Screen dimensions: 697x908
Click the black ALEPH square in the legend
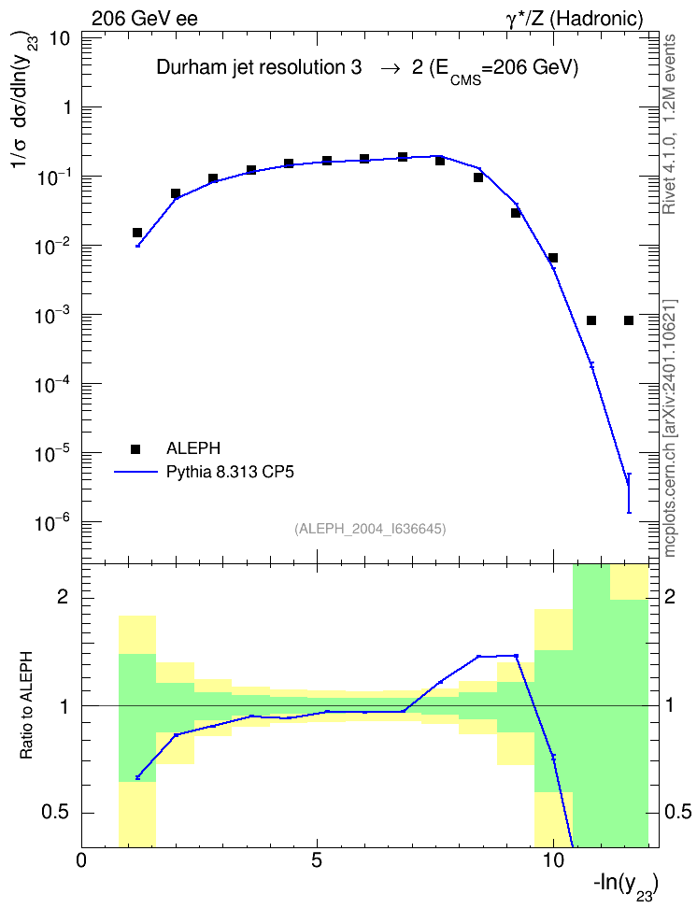pyautogui.click(x=135, y=448)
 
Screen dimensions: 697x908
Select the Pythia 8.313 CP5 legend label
pyautogui.click(x=230, y=472)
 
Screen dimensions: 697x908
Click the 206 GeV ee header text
pyautogui.click(x=145, y=19)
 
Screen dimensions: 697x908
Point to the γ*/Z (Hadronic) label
pyautogui.click(x=575, y=19)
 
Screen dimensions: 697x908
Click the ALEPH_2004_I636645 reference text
pyautogui.click(x=370, y=529)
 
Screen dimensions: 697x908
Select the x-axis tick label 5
pyautogui.click(x=317, y=860)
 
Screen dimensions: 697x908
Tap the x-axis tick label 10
pyautogui.click(x=553, y=860)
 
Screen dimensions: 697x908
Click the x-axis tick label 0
pyautogui.click(x=81, y=860)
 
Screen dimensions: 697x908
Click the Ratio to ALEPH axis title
pyautogui.click(x=26, y=705)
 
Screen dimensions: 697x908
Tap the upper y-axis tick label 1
pyautogui.click(x=65, y=107)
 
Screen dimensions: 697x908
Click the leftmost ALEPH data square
pyautogui.click(x=137, y=233)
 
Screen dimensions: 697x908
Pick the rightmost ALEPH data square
pyautogui.click(x=629, y=320)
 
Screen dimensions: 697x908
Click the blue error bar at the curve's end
pyautogui.click(x=629, y=493)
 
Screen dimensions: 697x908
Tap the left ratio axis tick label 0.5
pyautogui.click(x=57, y=813)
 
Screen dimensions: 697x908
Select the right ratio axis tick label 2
pyautogui.click(x=670, y=596)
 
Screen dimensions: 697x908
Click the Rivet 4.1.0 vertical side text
pyautogui.click(x=670, y=124)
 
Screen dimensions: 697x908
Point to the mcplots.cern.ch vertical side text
pyautogui.click(x=670, y=429)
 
